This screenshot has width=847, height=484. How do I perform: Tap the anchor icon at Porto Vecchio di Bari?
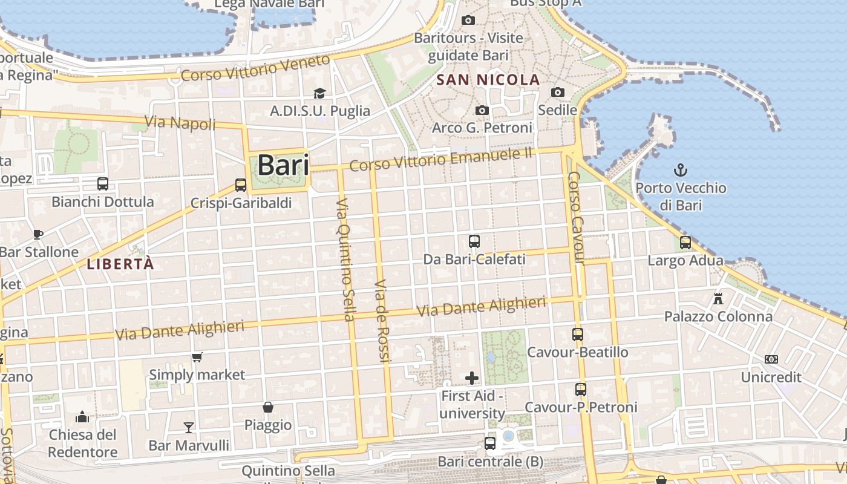(x=681, y=169)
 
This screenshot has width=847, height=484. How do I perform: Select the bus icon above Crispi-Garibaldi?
(x=241, y=185)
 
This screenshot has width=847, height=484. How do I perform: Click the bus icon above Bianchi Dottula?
(x=103, y=183)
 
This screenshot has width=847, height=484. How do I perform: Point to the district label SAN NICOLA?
(x=488, y=80)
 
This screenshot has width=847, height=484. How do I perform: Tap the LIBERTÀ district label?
(x=120, y=264)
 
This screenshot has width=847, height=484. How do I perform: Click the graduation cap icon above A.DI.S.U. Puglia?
(x=319, y=93)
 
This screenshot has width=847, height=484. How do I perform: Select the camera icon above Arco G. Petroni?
(x=482, y=110)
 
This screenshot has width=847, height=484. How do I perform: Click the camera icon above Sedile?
(x=558, y=92)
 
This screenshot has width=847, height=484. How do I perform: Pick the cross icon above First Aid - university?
(x=472, y=379)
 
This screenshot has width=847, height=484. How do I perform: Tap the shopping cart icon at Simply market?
(x=197, y=357)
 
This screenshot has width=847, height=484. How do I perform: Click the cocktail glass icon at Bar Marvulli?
(x=189, y=428)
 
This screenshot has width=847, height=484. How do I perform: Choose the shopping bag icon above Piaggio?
(x=268, y=407)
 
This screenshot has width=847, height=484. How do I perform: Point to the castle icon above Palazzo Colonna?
(x=718, y=298)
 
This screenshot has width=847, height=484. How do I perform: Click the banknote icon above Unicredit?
(x=771, y=359)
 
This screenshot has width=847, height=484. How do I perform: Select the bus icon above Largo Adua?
(x=685, y=243)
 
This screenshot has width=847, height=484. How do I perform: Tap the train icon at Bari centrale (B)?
(x=490, y=443)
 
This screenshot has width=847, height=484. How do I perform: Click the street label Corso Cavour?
(x=576, y=218)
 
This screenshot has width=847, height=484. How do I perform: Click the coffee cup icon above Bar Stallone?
(x=38, y=234)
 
